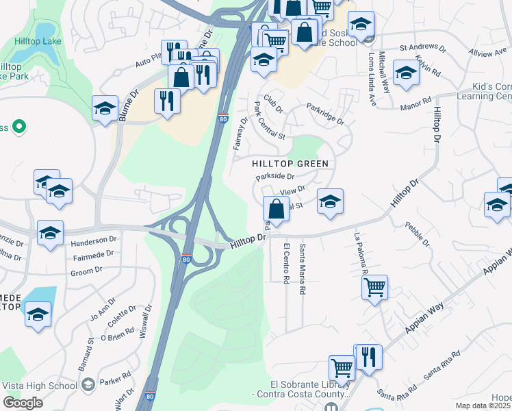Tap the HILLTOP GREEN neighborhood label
point(290,164)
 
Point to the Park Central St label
point(269,121)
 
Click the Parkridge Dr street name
point(325,114)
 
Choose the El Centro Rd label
point(286,261)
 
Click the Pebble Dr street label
point(417,234)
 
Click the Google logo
point(23,403)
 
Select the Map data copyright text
point(483,406)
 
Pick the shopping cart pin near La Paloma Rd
point(374,288)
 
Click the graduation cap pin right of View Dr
point(330,201)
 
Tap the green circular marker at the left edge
point(19,127)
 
